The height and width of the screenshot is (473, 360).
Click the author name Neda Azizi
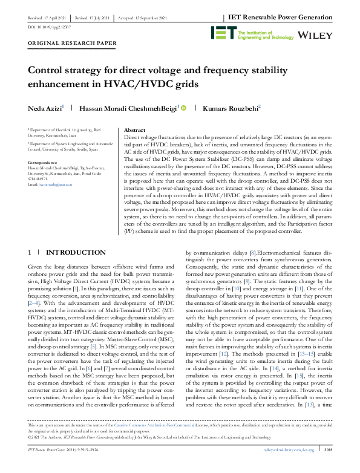pyautogui.click(x=45, y=108)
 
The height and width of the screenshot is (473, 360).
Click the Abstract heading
pyautogui.click(x=134, y=130)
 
